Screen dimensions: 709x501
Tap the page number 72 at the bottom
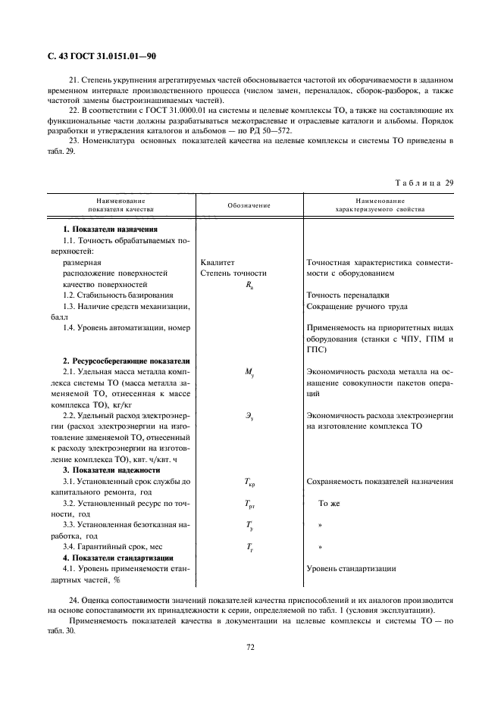249,646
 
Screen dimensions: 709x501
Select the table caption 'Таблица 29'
424,183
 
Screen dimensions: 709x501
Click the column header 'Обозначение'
249,205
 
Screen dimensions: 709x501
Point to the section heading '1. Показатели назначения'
111,229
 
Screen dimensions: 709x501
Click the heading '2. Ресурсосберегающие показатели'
126,361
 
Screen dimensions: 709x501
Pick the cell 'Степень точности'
233,273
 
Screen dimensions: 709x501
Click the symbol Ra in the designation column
249,285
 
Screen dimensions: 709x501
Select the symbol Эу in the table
249,416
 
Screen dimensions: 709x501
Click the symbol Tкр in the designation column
249,482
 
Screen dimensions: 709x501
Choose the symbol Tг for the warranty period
249,547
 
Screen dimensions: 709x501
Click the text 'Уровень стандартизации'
350,568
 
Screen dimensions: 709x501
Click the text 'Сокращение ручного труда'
356,306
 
